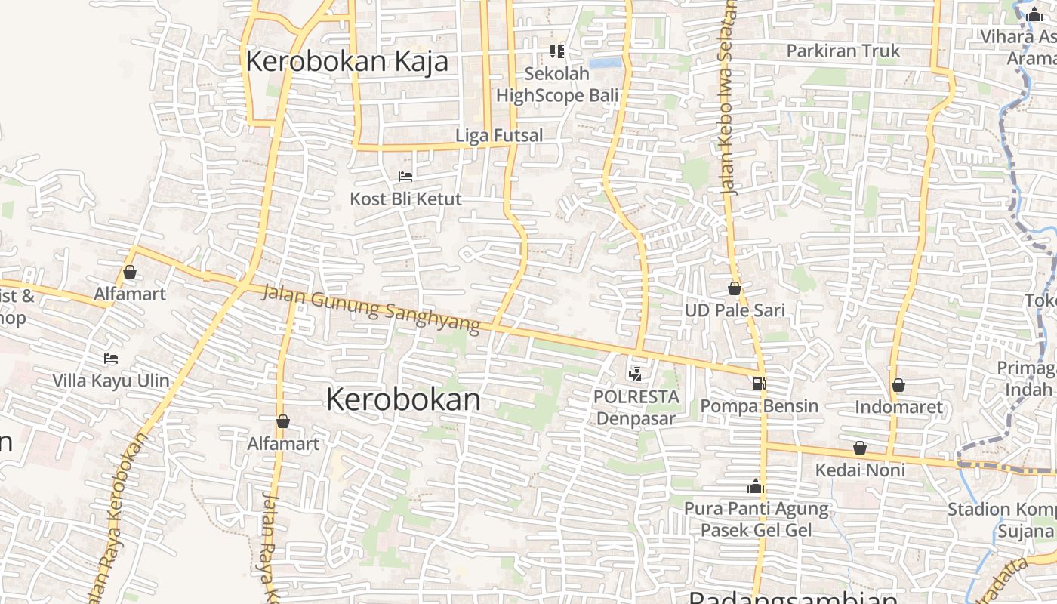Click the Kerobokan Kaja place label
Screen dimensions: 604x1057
(x=347, y=61)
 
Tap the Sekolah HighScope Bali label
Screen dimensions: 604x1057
(x=556, y=85)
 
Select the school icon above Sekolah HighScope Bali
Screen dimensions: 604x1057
(x=557, y=51)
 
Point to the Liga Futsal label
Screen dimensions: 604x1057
(x=499, y=136)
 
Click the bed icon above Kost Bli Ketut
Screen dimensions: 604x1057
(x=405, y=177)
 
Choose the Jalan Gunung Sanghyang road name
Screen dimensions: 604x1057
(x=371, y=308)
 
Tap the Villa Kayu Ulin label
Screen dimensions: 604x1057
(x=111, y=380)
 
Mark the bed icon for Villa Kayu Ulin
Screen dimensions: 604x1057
(x=111, y=358)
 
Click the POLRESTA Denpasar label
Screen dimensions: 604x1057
(x=636, y=407)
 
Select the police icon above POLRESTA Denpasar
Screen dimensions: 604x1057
(x=635, y=373)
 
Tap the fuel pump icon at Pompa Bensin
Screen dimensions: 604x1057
(x=759, y=384)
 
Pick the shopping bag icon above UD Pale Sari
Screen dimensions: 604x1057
(x=735, y=288)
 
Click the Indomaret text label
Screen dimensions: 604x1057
(x=898, y=408)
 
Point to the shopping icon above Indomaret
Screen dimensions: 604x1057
(x=898, y=386)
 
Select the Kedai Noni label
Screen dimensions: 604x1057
(x=859, y=470)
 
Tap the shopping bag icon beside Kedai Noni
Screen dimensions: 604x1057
(x=859, y=448)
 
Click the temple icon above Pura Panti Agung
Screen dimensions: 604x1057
(x=756, y=486)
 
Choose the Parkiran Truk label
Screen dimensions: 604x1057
(x=843, y=51)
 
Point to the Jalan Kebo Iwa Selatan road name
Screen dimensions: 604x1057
(x=728, y=98)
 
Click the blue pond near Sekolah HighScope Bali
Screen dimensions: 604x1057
(x=606, y=63)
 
